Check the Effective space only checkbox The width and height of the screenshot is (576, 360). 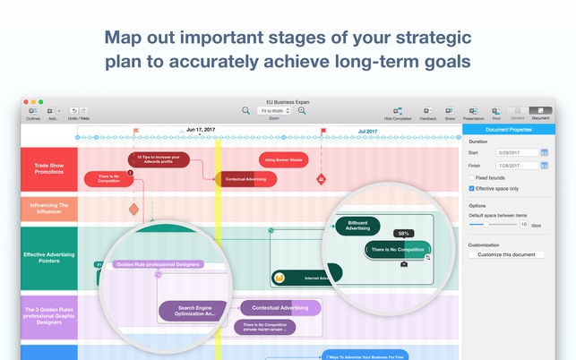point(472,189)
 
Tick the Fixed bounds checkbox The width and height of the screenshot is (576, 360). point(472,178)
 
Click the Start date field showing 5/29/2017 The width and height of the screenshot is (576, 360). point(503,153)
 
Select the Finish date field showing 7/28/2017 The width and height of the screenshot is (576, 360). point(503,166)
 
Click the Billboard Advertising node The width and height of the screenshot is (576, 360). point(357,226)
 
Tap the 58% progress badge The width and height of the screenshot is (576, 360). point(404,234)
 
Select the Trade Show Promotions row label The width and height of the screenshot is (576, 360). point(48,168)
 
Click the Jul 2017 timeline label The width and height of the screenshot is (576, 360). point(367,131)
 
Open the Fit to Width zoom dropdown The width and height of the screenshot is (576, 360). point(273,110)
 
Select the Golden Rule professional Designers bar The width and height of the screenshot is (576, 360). point(159,264)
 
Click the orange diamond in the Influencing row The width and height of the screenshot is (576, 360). point(133,209)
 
